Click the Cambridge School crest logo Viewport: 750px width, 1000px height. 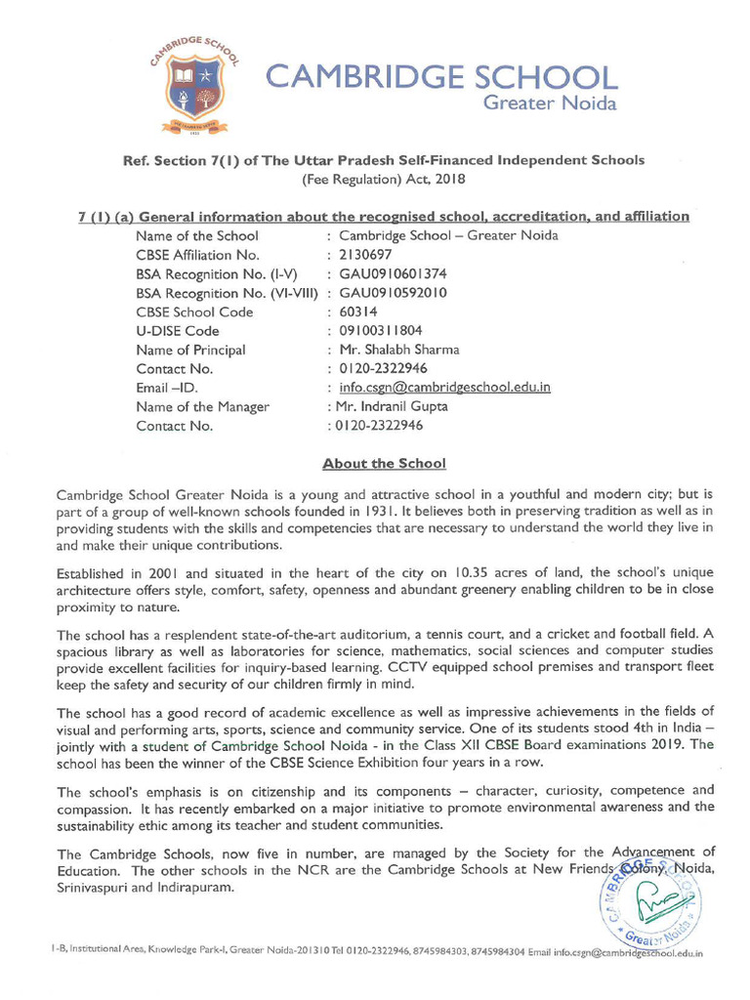click(195, 85)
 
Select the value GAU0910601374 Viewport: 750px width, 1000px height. click(393, 273)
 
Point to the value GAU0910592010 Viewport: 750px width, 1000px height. click(393, 293)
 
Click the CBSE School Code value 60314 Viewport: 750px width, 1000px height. click(358, 312)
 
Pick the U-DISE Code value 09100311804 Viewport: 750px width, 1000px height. click(381, 331)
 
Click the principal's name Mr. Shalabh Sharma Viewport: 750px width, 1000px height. click(398, 350)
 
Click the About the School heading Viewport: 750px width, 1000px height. click(384, 463)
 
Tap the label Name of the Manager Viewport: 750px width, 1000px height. click(202, 406)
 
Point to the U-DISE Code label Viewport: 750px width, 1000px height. click(178, 331)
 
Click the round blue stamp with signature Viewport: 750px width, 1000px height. click(650, 904)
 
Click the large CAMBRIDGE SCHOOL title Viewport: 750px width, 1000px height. click(441, 77)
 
